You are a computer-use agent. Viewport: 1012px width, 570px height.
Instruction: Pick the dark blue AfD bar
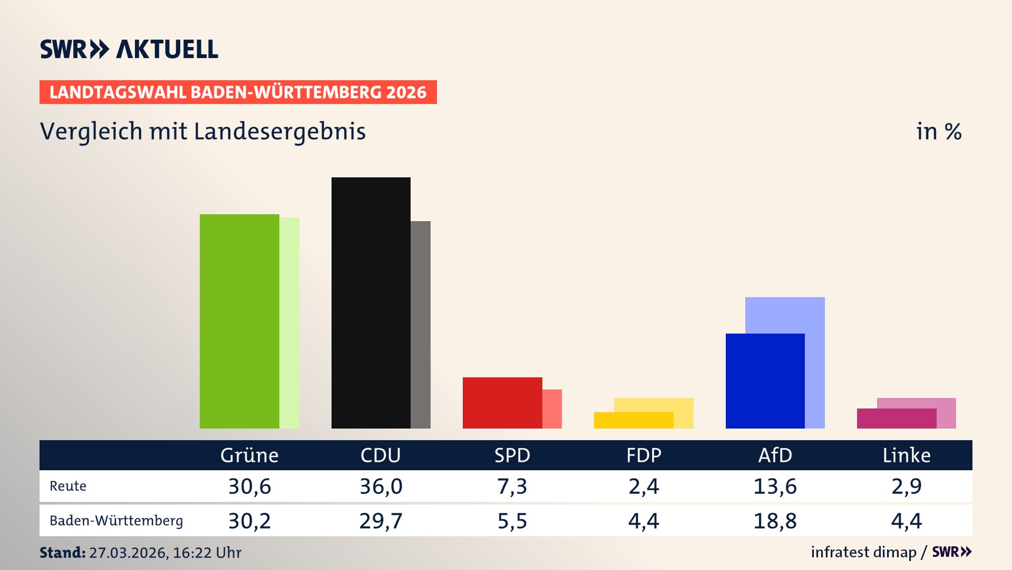tap(765, 381)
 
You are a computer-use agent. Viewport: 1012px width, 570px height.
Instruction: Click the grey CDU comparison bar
tap(421, 324)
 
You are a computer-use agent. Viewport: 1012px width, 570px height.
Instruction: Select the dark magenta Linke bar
tap(896, 419)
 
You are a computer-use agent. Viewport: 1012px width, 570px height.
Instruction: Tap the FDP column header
tap(644, 455)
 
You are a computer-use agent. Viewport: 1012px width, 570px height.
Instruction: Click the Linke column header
tap(907, 455)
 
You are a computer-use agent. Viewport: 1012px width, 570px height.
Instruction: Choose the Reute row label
tap(68, 486)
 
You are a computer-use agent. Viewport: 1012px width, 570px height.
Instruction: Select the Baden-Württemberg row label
tap(116, 521)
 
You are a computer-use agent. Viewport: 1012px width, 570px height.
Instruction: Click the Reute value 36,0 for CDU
tap(381, 486)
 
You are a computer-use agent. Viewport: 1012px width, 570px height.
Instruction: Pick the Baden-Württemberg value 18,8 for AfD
tap(775, 521)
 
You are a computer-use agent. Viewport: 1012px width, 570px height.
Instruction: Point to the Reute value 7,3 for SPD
tap(512, 486)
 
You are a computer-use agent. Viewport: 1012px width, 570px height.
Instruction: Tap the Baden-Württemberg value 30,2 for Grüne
tap(249, 521)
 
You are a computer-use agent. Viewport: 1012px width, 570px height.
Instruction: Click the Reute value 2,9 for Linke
tap(907, 486)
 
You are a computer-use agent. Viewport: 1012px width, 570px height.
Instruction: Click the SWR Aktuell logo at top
tap(129, 49)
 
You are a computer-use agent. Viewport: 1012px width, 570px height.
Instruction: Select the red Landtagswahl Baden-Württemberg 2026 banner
tap(238, 92)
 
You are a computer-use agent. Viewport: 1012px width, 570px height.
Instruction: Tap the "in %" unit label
tap(939, 131)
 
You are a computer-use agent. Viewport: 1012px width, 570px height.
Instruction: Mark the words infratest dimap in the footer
tap(863, 552)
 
